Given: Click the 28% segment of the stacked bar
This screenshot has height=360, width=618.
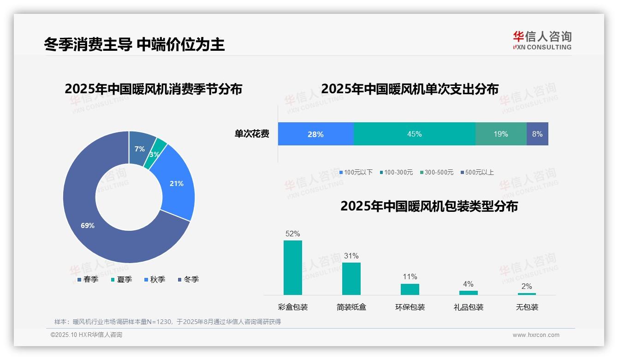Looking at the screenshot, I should click(315, 134).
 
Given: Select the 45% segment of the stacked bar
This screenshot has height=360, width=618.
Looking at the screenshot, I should click(414, 134).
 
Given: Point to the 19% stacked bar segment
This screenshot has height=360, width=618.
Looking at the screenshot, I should click(501, 134).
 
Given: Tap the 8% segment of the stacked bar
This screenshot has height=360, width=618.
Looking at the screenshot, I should click(537, 134).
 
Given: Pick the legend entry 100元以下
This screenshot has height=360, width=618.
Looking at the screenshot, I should click(356, 172).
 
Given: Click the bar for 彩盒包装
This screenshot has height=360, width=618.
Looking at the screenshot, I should click(293, 268).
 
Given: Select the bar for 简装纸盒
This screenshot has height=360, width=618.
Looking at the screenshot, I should click(351, 279).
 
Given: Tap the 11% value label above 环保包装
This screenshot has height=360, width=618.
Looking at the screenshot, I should click(410, 276).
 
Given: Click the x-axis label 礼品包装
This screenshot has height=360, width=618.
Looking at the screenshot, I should click(469, 307).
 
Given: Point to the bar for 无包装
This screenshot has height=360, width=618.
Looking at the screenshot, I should click(527, 294).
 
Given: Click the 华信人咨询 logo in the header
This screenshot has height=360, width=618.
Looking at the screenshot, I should click(542, 40).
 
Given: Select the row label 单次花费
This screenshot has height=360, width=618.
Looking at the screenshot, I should click(252, 134).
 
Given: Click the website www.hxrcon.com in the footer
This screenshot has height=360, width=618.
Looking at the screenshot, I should click(536, 335).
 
